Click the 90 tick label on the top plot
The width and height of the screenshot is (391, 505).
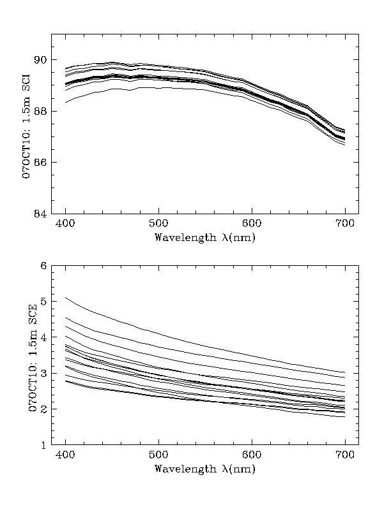point(40,60)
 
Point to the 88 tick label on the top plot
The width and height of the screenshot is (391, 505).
point(40,111)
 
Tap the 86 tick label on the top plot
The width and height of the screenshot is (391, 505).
point(40,162)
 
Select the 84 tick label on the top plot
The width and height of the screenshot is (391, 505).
point(40,214)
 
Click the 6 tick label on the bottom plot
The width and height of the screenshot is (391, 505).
point(43,265)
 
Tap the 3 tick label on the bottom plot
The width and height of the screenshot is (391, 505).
point(43,373)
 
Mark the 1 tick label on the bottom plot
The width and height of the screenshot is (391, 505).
point(43,444)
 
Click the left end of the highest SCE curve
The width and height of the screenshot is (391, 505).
point(66,297)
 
